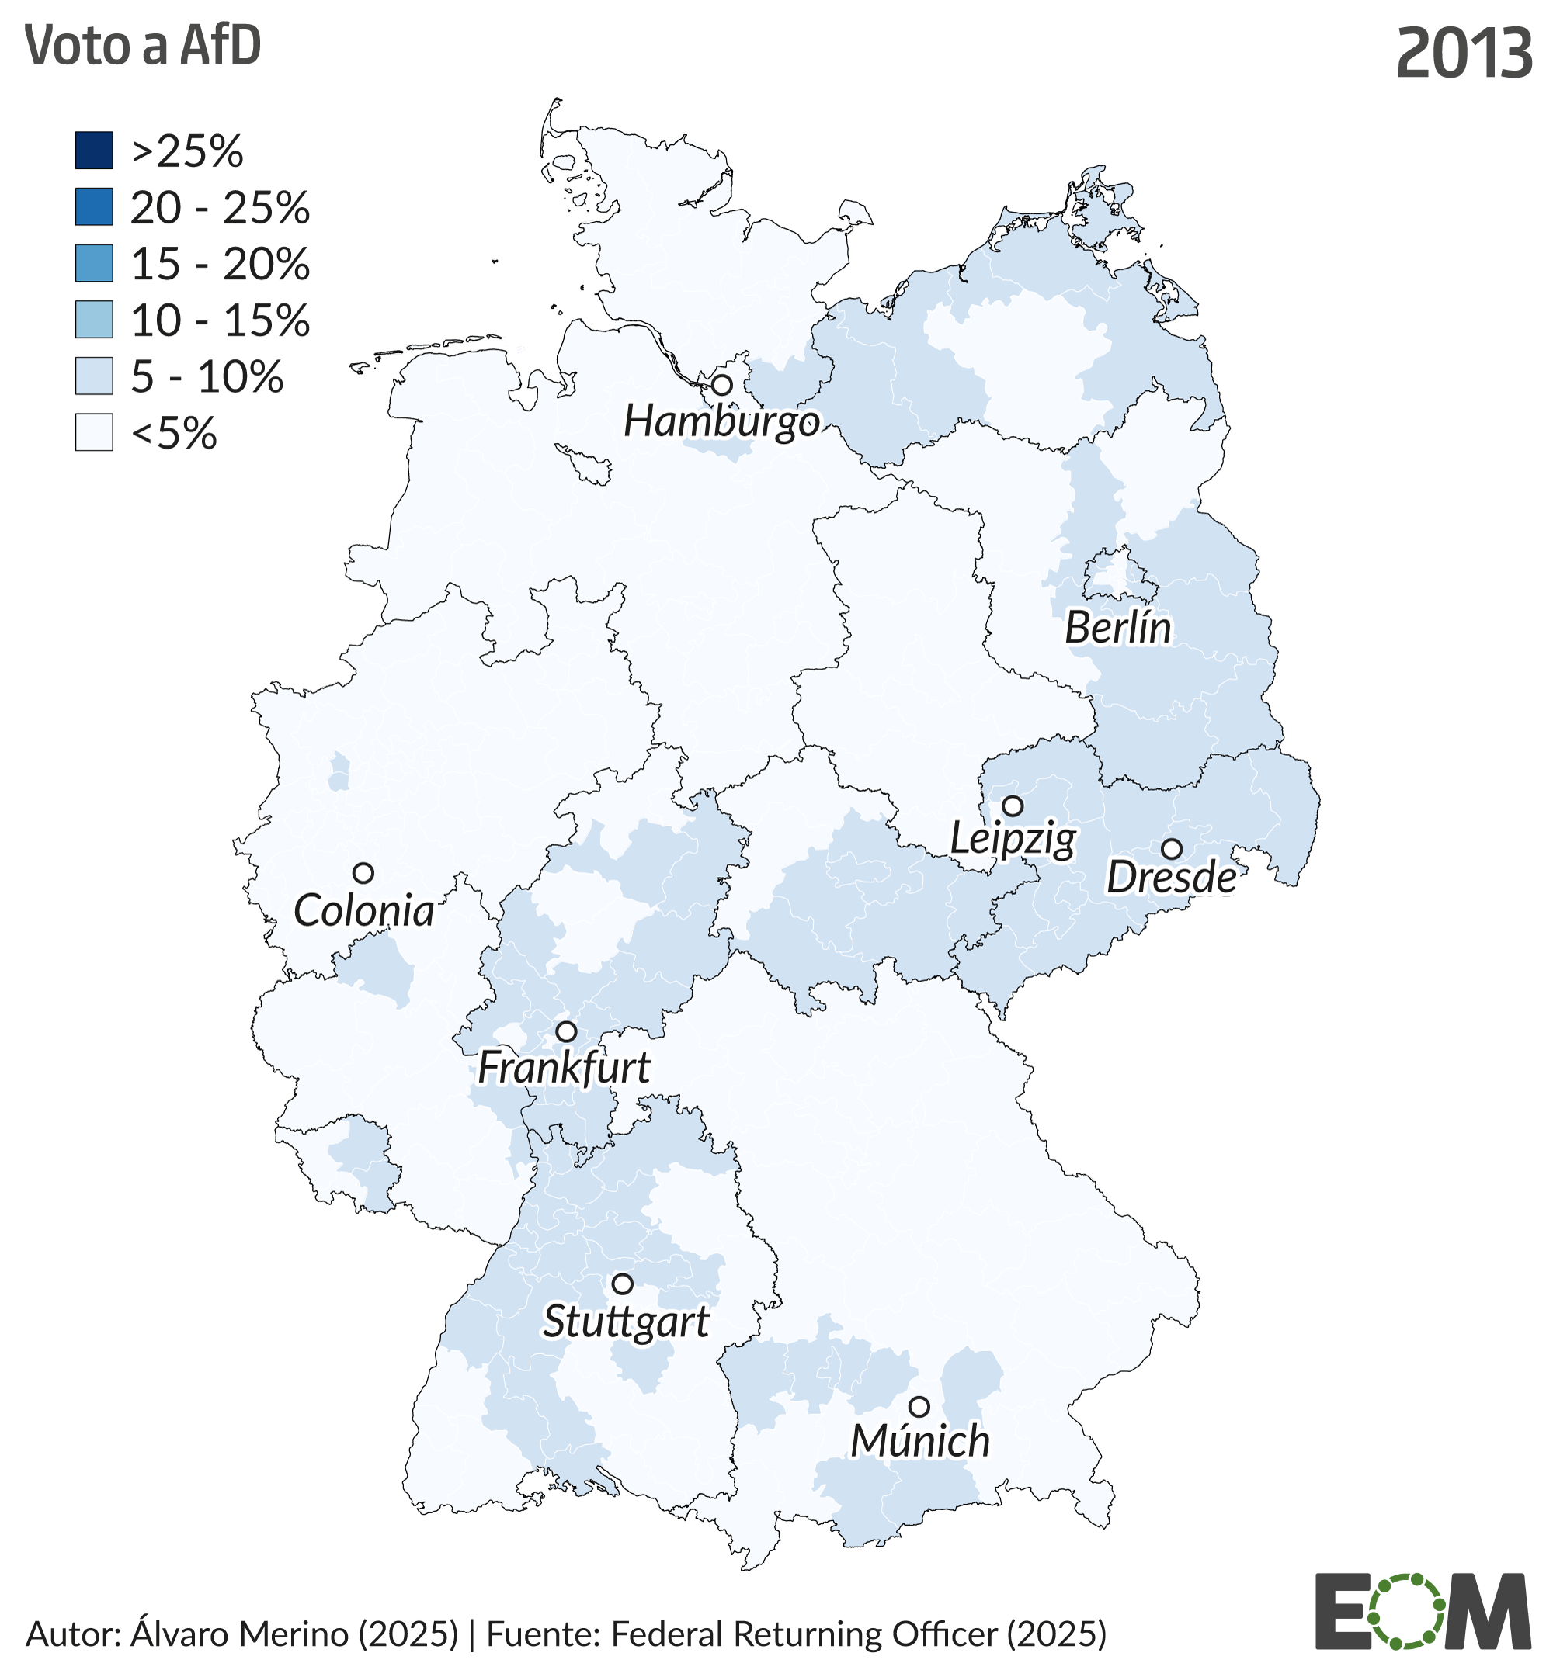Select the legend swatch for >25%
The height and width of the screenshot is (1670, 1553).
[94, 151]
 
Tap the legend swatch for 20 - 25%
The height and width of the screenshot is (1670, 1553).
[94, 207]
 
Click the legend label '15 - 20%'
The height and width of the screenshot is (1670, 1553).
[221, 264]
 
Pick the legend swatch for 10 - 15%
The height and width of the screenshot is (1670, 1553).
[94, 320]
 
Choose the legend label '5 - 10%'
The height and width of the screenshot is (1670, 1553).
[207, 376]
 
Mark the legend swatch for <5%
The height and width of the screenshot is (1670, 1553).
[94, 432]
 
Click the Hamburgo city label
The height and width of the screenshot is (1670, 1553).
[721, 421]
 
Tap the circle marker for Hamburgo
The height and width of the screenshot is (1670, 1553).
[722, 386]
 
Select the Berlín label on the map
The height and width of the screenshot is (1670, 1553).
[1117, 628]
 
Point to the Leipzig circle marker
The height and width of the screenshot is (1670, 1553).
[1013, 806]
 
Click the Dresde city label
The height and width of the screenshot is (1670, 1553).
[1171, 878]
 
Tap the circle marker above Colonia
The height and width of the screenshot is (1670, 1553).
[363, 873]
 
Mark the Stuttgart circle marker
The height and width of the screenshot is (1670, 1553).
[622, 1284]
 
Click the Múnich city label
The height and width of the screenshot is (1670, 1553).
[920, 1442]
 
